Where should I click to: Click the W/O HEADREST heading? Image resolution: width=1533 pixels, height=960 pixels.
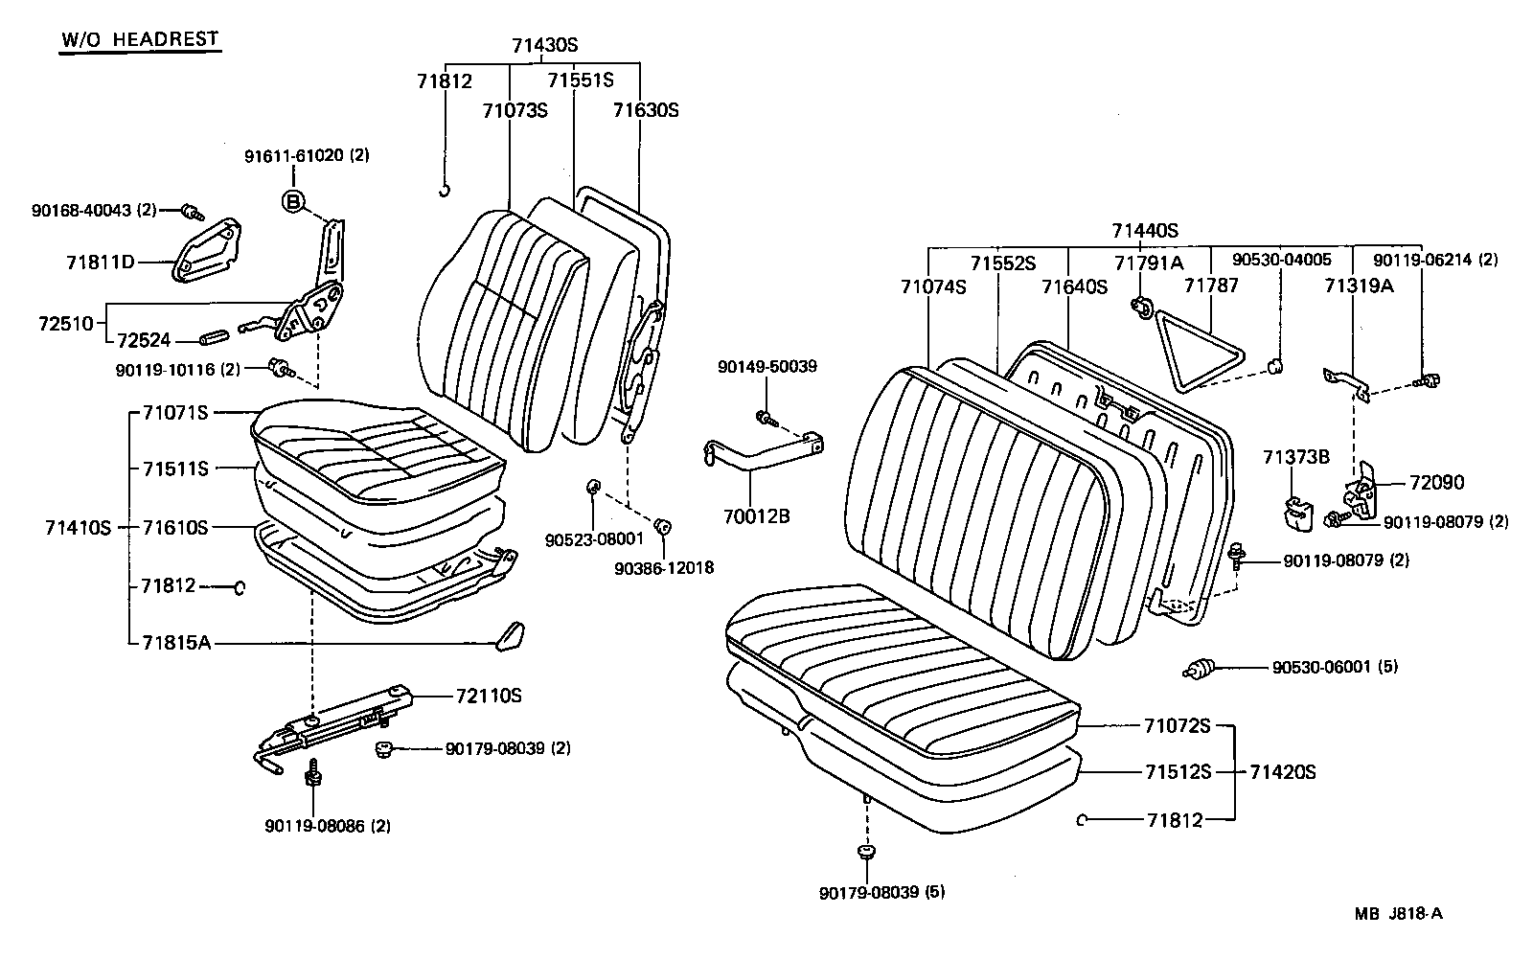140,39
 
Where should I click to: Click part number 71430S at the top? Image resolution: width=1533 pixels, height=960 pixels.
544,45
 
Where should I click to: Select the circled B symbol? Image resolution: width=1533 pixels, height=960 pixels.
293,201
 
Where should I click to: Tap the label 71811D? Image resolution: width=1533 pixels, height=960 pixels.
101,261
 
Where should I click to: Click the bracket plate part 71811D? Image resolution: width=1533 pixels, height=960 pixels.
206,250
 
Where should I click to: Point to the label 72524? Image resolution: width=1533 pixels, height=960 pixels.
144,339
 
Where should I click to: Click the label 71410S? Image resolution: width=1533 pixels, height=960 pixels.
78,528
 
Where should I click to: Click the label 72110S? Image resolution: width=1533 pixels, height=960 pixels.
489,696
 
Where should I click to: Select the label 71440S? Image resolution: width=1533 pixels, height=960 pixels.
1145,231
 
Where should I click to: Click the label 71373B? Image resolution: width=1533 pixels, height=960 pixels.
1295,457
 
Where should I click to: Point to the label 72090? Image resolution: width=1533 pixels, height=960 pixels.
1436,483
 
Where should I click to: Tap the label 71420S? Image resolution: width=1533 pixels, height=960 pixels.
1282,772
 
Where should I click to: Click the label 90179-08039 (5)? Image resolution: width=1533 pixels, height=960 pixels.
881,893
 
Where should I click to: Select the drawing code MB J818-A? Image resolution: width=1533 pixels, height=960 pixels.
1398,913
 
